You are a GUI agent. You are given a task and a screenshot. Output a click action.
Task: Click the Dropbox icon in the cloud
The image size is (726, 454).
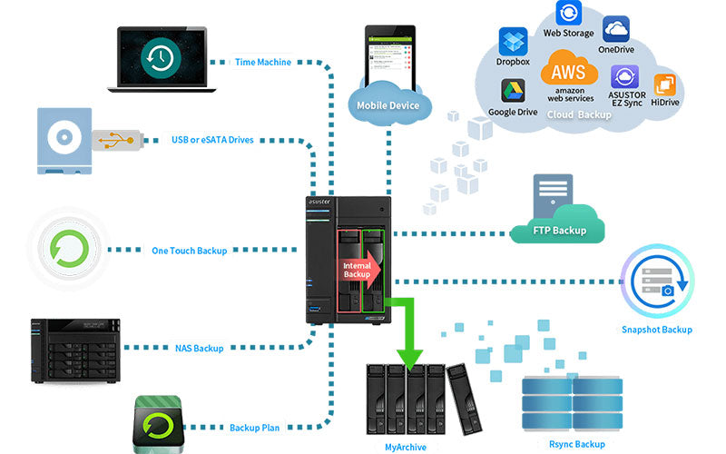tap(513, 41)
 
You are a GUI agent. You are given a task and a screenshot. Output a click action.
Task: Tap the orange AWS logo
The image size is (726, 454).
tap(569, 71)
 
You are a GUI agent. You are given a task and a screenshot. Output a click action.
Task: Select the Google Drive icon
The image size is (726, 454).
tap(513, 91)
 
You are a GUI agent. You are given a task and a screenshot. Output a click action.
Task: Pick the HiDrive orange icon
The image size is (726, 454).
tap(665, 84)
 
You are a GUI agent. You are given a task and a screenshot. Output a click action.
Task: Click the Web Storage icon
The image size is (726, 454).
tap(568, 13)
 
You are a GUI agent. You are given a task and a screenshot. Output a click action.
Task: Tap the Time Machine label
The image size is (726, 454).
tap(263, 63)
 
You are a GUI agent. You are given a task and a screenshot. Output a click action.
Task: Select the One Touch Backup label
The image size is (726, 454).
tap(189, 250)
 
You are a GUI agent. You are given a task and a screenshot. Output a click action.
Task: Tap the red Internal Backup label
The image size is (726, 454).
tap(357, 269)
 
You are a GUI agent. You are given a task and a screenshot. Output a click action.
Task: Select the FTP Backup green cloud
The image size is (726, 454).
tap(558, 224)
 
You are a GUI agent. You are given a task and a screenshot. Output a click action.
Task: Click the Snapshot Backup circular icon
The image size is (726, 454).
tap(657, 281)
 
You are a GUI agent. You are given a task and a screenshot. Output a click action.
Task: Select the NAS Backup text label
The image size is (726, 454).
tap(199, 348)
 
